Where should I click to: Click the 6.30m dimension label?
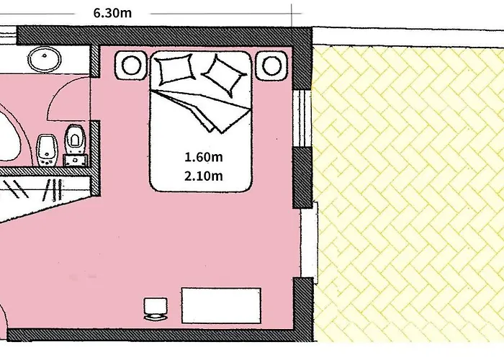[112, 13]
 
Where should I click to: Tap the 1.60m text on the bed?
[204, 157]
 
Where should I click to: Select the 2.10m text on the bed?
[204, 176]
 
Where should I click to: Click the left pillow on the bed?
[175, 69]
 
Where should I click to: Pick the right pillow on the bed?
[224, 76]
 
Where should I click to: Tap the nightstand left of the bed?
[131, 65]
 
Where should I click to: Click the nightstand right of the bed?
[271, 66]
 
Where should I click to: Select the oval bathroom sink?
[45, 58]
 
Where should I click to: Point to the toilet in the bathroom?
[75, 139]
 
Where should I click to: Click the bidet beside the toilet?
[47, 150]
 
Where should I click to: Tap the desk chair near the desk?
[156, 309]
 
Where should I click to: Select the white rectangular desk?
[221, 305]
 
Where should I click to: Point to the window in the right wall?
[302, 118]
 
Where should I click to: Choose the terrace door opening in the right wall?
[309, 243]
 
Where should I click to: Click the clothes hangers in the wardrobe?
[35, 189]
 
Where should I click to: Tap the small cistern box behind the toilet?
[75, 160]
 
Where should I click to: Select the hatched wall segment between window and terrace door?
[302, 177]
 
